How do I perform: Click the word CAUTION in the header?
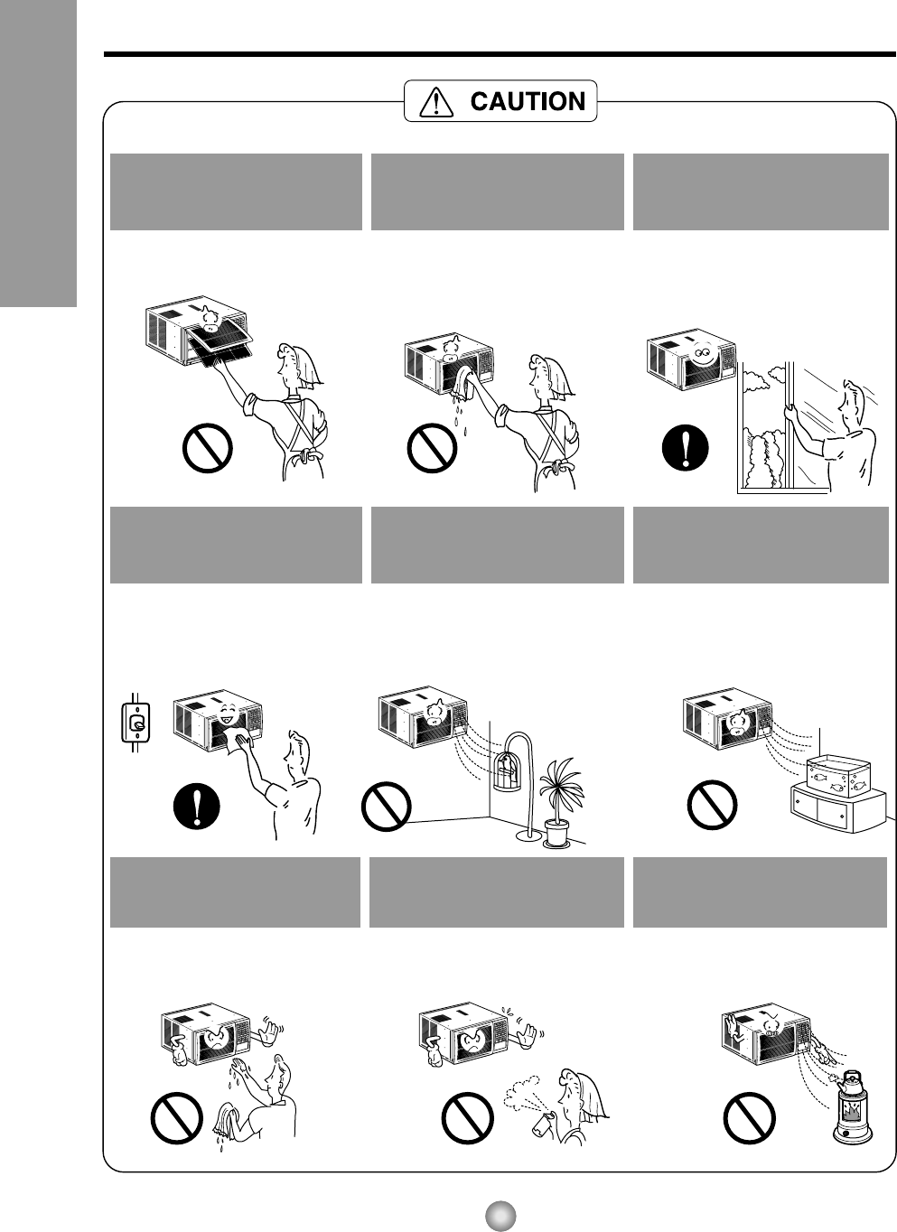click(528, 101)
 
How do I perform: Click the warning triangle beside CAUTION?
click(436, 102)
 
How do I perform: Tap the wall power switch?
click(135, 723)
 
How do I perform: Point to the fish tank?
click(837, 776)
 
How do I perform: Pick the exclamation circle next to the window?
click(686, 448)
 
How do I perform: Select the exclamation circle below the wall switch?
click(197, 806)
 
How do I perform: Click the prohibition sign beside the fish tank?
click(712, 805)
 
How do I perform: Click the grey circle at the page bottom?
click(500, 1216)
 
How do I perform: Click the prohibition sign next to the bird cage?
click(386, 807)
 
